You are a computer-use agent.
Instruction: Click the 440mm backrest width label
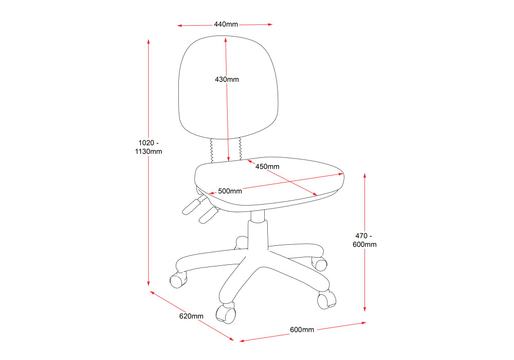[226, 24]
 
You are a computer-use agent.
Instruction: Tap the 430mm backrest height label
[227, 80]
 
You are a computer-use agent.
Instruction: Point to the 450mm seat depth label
[267, 167]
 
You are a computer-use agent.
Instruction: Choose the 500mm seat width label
[230, 191]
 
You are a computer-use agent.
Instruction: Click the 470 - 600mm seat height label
[364, 240]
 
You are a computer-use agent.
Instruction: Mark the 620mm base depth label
[191, 316]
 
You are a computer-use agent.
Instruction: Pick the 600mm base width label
[302, 330]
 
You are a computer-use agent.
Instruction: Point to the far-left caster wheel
[177, 280]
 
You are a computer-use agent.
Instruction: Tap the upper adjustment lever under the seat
[191, 205]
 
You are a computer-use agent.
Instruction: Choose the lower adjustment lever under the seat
[207, 214]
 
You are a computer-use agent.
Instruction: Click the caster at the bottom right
[326, 300]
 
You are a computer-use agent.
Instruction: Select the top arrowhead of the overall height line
[149, 41]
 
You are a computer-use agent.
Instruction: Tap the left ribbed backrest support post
[212, 150]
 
